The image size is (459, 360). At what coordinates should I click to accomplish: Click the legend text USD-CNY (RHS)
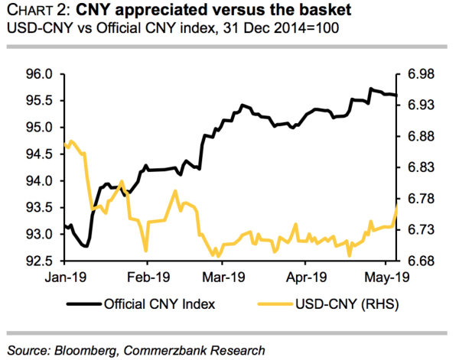coord(345,304)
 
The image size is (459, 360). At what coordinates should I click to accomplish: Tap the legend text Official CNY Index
coord(161,304)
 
